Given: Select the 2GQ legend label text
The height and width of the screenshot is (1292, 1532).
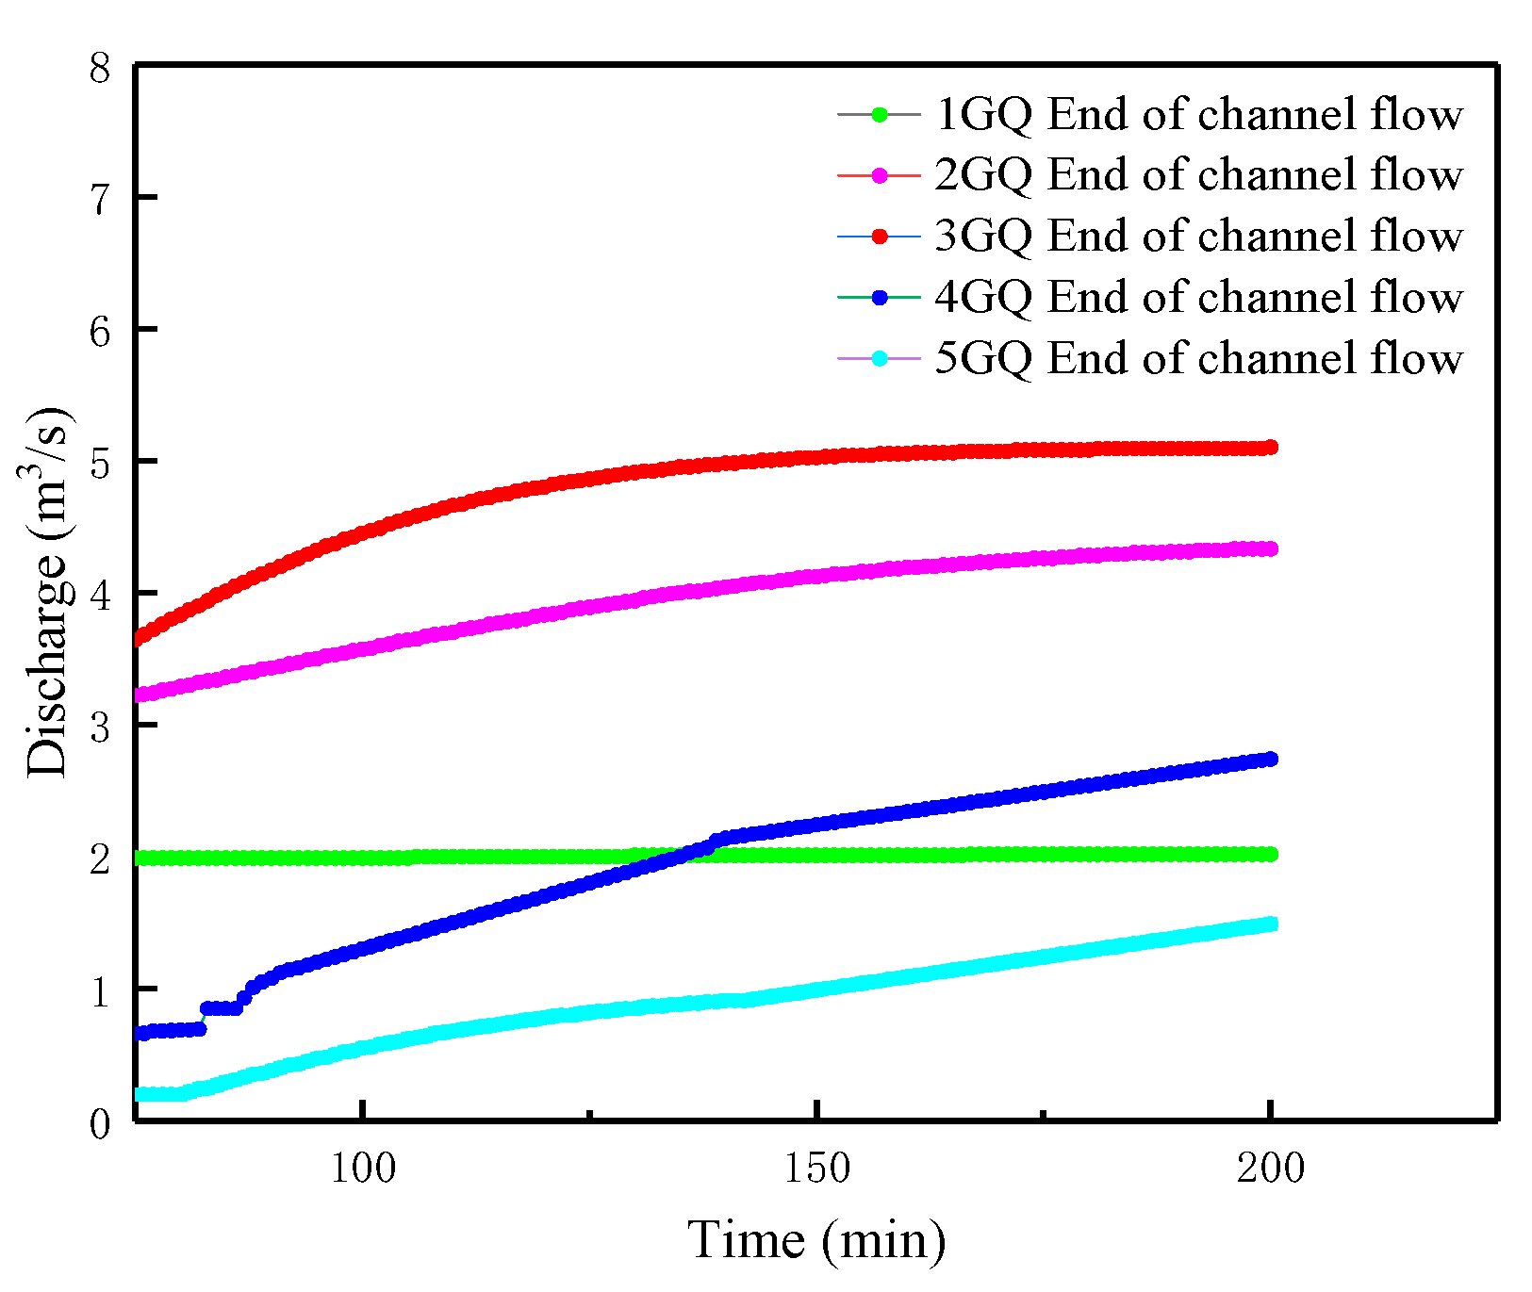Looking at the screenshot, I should pos(1197,175).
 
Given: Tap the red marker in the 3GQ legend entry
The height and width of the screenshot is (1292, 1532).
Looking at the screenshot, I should pos(879,236).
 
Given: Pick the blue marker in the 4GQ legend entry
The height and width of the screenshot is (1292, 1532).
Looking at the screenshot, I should pos(879,297).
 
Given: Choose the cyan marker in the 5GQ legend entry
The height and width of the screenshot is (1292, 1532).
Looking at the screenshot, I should pos(879,358).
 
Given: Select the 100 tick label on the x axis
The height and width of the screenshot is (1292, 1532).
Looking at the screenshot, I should pos(363,1169).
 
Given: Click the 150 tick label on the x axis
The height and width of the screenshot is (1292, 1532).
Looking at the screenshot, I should pos(816,1169).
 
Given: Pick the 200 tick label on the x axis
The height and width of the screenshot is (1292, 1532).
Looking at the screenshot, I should pos(1270,1169).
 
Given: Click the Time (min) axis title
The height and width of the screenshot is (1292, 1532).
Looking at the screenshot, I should pos(816,1239).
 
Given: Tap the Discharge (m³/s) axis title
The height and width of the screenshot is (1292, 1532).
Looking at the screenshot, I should pos(47,594).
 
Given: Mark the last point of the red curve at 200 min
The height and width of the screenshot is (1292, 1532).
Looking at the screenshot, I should pos(1270,447).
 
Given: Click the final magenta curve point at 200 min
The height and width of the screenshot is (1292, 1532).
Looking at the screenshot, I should pos(1270,548).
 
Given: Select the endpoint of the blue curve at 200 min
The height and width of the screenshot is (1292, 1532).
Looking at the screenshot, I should pos(1270,759).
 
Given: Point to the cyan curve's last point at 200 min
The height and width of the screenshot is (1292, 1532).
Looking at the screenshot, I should pos(1270,924).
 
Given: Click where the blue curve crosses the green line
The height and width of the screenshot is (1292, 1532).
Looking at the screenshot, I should pos(681,856).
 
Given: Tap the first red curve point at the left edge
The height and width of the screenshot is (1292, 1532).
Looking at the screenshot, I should pos(141,639).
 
